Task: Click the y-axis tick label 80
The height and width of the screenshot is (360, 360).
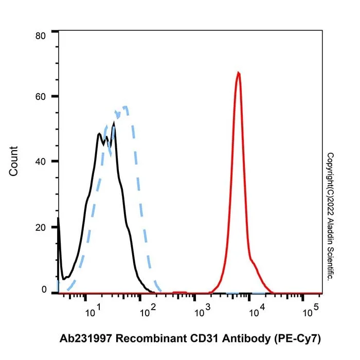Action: point(41,36)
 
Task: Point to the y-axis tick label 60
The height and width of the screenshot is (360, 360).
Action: point(41,97)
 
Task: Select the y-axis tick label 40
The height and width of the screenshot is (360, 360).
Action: point(41,161)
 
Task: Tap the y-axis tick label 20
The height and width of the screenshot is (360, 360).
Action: point(41,227)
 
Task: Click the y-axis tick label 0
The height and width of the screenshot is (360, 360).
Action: point(44,290)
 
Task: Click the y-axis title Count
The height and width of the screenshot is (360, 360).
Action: point(13,161)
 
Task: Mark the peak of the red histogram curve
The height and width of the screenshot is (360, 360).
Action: point(239,73)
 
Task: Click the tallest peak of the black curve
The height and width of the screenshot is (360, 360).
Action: point(114,123)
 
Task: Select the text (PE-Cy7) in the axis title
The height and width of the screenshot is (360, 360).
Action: point(298,339)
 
